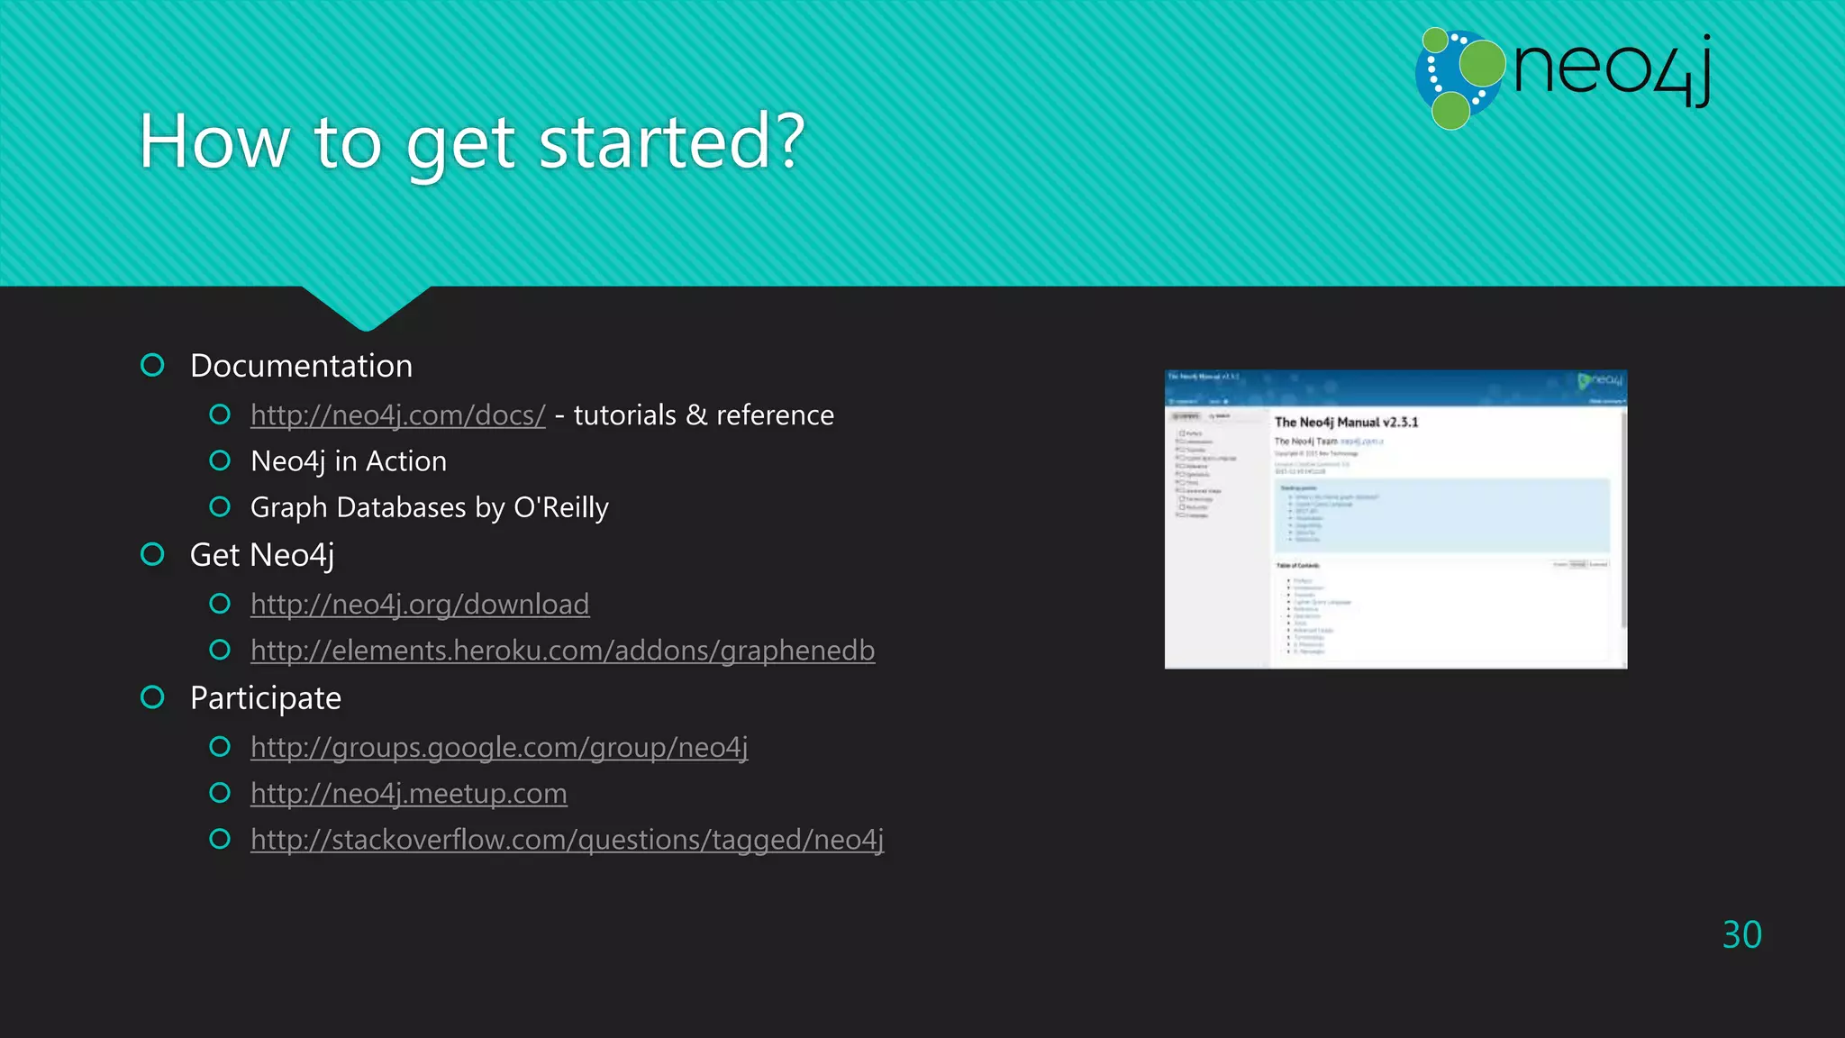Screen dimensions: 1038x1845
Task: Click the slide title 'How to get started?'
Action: click(x=471, y=141)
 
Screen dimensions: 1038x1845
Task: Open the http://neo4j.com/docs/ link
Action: click(x=397, y=415)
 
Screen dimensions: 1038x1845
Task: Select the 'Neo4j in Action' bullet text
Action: click(x=349, y=461)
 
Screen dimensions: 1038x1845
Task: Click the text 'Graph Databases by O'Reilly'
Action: click(x=429, y=508)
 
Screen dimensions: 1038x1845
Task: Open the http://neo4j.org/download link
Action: click(x=420, y=605)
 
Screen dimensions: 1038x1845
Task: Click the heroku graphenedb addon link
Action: click(x=562, y=651)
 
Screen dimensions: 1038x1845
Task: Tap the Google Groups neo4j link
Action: click(x=499, y=747)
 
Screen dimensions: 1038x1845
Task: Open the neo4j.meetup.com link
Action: click(x=408, y=794)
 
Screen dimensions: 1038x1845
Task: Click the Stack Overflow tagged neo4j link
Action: click(x=567, y=840)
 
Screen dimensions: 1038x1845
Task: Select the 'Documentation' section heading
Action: click(x=301, y=366)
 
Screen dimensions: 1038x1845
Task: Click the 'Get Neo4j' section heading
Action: click(x=262, y=555)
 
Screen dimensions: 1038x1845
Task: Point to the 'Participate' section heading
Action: click(x=266, y=698)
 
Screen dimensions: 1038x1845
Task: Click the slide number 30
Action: click(x=1741, y=935)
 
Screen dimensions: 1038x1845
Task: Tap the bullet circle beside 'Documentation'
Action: click(x=152, y=365)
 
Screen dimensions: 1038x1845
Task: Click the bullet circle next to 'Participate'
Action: click(x=152, y=697)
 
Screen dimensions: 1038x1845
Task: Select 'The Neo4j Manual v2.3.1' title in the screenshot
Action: click(x=1346, y=423)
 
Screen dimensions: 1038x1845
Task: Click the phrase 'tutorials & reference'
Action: click(x=704, y=415)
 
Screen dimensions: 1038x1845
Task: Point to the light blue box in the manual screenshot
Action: click(x=1441, y=514)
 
